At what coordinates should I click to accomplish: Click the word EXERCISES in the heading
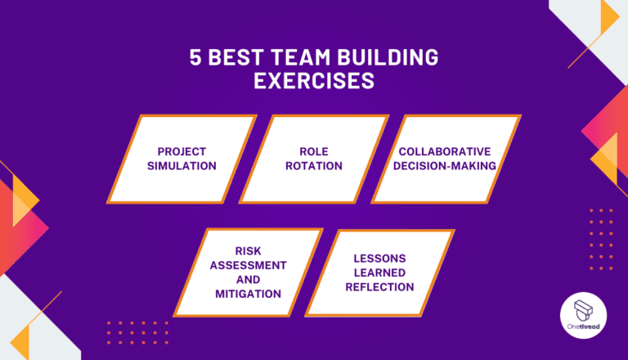coord(314,82)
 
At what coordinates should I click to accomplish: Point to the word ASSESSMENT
coord(248,265)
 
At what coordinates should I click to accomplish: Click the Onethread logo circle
coord(583,314)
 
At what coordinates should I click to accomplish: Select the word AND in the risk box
coord(249,279)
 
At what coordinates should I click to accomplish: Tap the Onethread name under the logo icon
coord(583,327)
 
